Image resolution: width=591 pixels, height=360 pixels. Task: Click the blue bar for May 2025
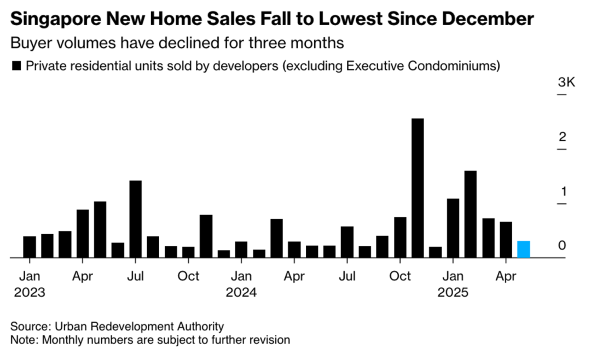(x=524, y=249)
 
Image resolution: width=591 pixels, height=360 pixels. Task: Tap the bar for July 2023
(x=135, y=219)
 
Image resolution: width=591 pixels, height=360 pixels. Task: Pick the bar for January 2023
(x=30, y=247)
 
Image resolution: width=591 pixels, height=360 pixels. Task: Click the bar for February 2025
(x=471, y=214)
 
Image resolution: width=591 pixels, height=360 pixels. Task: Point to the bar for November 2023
(x=206, y=236)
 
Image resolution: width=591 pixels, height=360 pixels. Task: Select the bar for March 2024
(x=276, y=238)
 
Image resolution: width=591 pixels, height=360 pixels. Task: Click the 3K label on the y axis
(x=566, y=83)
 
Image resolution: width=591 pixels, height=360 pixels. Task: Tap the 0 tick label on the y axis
(x=562, y=246)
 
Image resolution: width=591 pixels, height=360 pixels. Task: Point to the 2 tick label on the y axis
(x=562, y=137)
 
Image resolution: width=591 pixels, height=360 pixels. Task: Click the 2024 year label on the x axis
(x=241, y=292)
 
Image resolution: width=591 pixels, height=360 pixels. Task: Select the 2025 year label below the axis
(x=453, y=292)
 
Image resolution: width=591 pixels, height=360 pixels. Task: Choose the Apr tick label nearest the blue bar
(x=506, y=276)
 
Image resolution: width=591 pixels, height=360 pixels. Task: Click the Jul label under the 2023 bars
(x=135, y=276)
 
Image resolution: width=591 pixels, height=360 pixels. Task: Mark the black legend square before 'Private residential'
(x=16, y=66)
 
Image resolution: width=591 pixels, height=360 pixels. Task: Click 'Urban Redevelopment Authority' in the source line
(x=140, y=326)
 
